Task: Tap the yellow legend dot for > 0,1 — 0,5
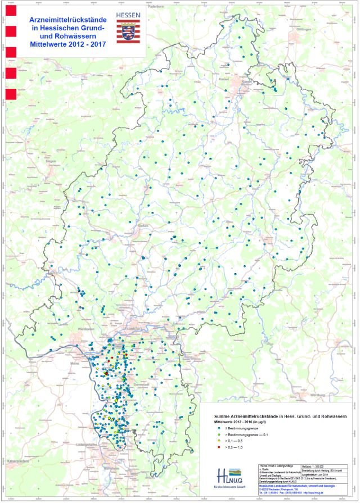click(209, 442)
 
